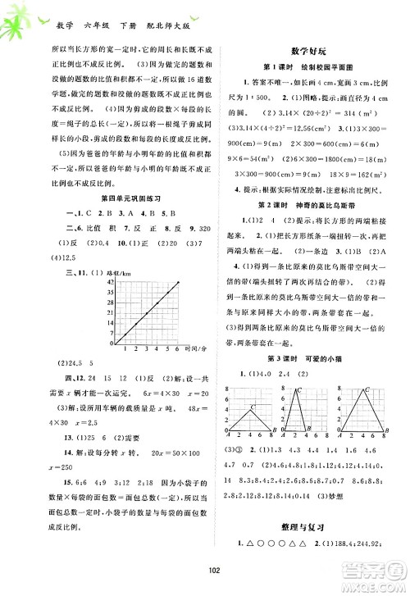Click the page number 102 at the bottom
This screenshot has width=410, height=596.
[x=204, y=573]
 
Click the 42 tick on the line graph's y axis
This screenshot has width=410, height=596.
[x=110, y=281]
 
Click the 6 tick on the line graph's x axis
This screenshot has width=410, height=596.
[x=176, y=349]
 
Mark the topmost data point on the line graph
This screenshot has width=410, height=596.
[x=176, y=281]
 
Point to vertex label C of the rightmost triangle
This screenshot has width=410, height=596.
[x=365, y=390]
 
